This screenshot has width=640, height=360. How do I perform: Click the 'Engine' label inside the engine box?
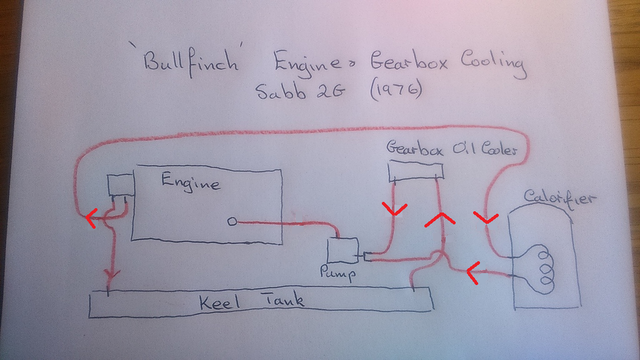click(x=190, y=182)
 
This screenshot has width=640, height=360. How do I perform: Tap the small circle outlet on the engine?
click(x=232, y=221)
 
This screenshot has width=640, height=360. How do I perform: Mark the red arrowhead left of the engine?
click(x=91, y=218)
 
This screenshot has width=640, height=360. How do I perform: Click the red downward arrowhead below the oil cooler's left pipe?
click(x=395, y=209)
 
